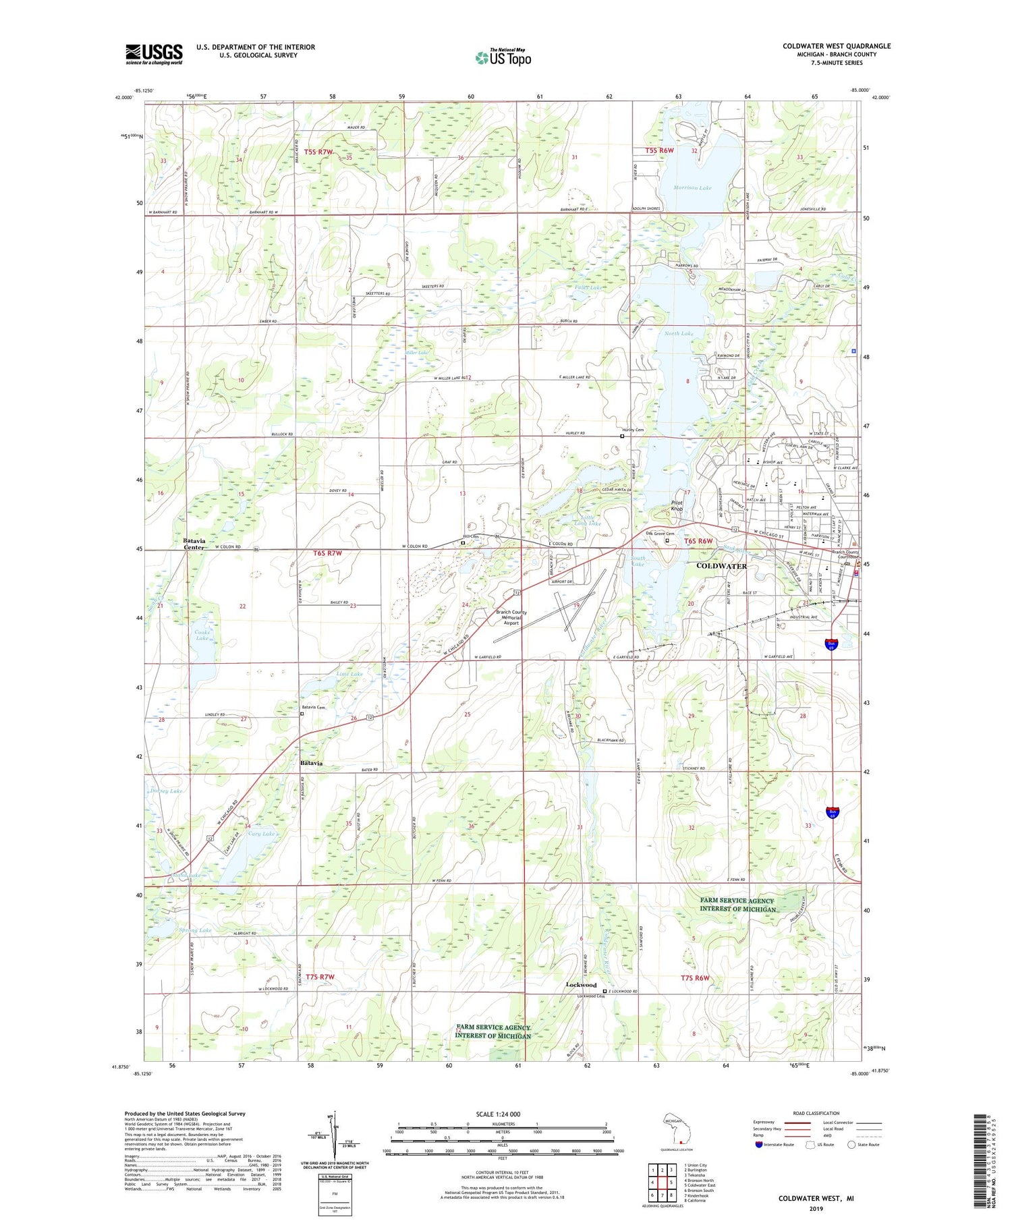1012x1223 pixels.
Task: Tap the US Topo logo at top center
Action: pos(503,58)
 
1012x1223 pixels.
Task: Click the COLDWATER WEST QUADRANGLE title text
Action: pos(836,46)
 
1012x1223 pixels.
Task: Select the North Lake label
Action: pos(678,333)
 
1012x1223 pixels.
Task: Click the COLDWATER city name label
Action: pos(721,566)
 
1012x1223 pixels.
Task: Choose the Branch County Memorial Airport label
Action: pos(511,617)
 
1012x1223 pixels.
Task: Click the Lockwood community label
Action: pos(581,985)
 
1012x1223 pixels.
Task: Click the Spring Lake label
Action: pos(196,930)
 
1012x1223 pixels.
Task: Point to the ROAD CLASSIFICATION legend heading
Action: pos(816,1113)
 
